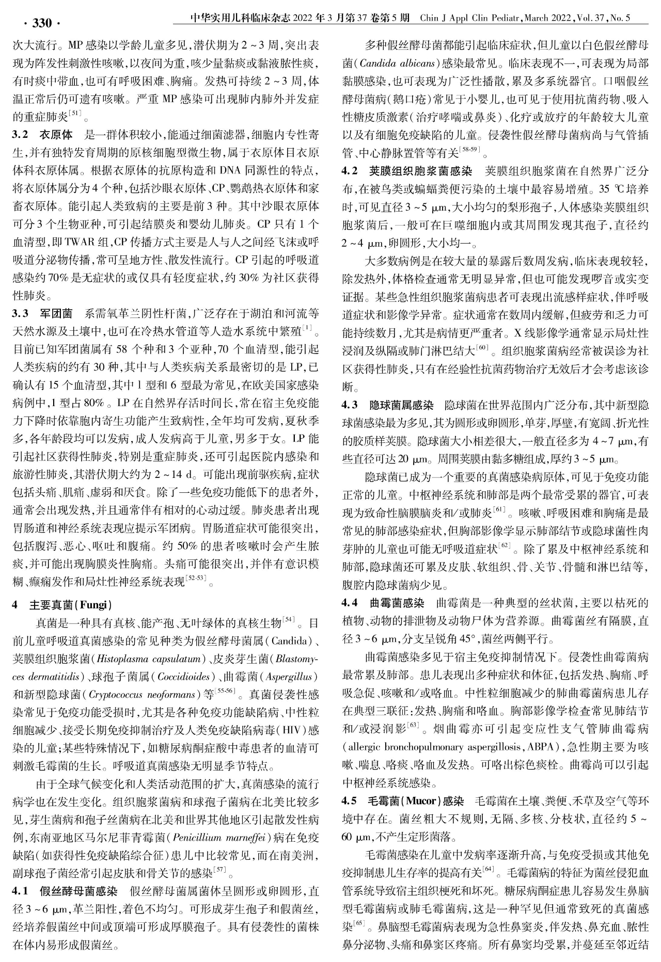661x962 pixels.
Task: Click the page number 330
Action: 42,23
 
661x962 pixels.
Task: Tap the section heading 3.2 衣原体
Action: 42,136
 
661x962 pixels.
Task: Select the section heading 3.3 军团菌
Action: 42,313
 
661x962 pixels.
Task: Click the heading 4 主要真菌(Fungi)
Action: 62,604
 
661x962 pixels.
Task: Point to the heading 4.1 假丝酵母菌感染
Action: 65,891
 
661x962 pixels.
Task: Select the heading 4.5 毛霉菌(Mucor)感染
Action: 403,801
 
